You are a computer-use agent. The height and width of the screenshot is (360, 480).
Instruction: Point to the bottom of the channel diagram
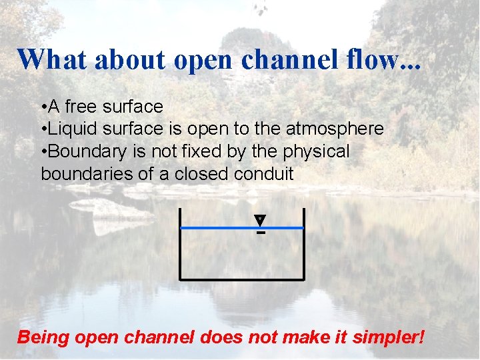242,279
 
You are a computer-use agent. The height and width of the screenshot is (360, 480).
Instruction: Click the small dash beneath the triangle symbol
261,233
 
